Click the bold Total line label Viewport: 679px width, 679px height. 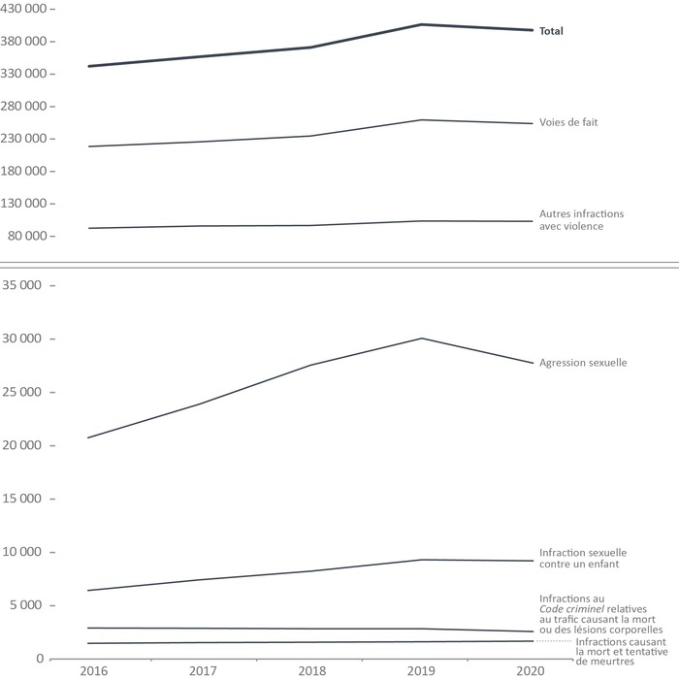[x=551, y=31]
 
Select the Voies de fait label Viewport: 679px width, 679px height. [x=566, y=123]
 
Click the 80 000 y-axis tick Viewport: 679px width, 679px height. [x=24, y=236]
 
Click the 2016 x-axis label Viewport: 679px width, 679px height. [x=94, y=670]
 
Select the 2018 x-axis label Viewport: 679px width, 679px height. [x=312, y=670]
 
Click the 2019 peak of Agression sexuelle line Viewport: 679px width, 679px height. [x=422, y=339]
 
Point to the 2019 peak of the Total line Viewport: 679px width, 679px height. [x=422, y=24]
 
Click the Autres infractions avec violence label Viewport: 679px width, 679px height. [x=582, y=219]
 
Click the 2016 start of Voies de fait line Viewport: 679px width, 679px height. [x=88, y=146]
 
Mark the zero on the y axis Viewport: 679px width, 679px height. [x=39, y=659]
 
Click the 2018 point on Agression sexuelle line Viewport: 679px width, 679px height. [x=312, y=365]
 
